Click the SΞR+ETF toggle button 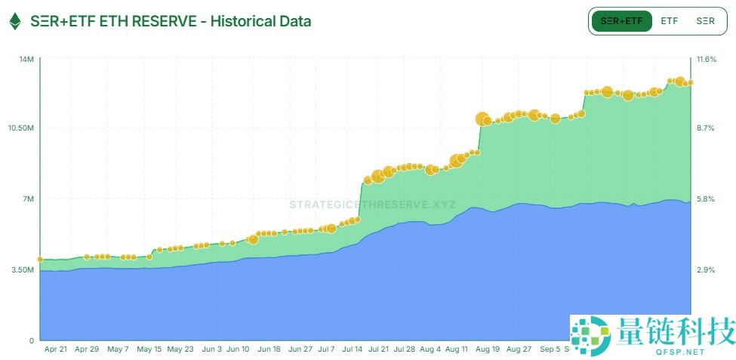click(x=622, y=21)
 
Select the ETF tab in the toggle click(x=670, y=21)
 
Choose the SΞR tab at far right click(x=705, y=21)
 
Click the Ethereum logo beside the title click(x=14, y=21)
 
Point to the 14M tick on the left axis click(x=26, y=59)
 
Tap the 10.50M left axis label click(x=21, y=128)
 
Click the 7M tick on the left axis click(x=28, y=199)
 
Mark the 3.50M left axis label click(x=23, y=269)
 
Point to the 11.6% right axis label click(x=706, y=59)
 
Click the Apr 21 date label click(x=56, y=349)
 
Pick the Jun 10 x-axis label click(x=238, y=349)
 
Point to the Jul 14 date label click(x=353, y=349)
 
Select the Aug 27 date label click(x=519, y=349)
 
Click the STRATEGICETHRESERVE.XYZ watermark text click(x=372, y=205)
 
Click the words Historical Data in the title click(x=260, y=21)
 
